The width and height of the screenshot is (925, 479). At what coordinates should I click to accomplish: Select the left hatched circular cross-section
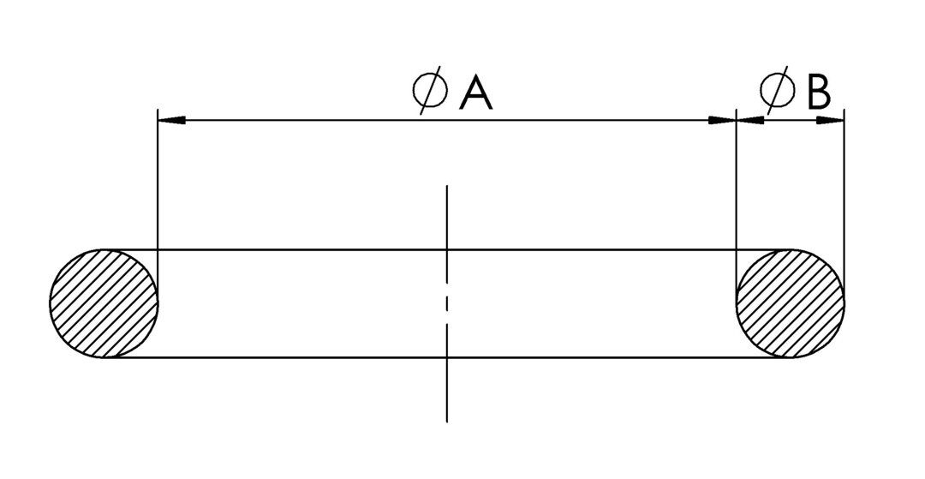[104, 303]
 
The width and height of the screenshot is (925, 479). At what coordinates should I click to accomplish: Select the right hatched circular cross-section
[791, 303]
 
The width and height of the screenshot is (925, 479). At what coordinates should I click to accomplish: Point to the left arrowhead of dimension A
[171, 120]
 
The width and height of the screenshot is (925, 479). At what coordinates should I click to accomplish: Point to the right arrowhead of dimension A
[722, 120]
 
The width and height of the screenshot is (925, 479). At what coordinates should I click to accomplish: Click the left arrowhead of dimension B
[750, 120]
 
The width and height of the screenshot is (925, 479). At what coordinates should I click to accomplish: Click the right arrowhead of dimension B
[831, 120]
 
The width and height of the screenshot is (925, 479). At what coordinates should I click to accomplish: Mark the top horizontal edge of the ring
[447, 249]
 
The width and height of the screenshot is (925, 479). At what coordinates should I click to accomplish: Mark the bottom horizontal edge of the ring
[447, 356]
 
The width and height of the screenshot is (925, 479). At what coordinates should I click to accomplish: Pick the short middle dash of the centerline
[446, 303]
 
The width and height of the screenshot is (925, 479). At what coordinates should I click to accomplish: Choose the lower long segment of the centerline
[446, 373]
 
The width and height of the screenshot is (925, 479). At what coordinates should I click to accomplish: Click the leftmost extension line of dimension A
[158, 206]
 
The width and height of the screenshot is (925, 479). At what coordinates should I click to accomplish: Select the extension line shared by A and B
[737, 206]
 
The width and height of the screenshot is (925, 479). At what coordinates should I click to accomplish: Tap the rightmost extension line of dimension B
[844, 206]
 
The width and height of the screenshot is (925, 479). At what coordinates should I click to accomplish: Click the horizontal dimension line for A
[447, 120]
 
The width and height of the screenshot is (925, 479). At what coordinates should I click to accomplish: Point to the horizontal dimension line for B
[791, 120]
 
